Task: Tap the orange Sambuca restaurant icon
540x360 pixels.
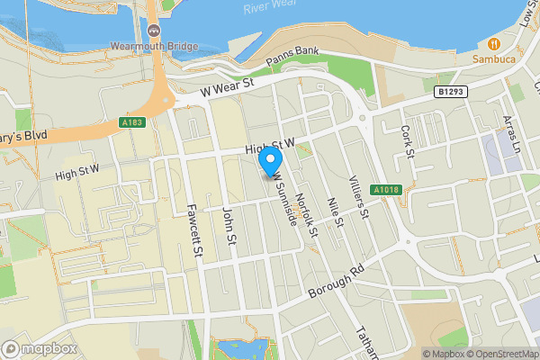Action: coord(494,43)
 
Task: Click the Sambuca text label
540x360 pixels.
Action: coord(494,58)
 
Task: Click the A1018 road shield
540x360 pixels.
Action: coord(385,189)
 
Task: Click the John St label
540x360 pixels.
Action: coord(229,228)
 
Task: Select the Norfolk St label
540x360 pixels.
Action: coord(308,216)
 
